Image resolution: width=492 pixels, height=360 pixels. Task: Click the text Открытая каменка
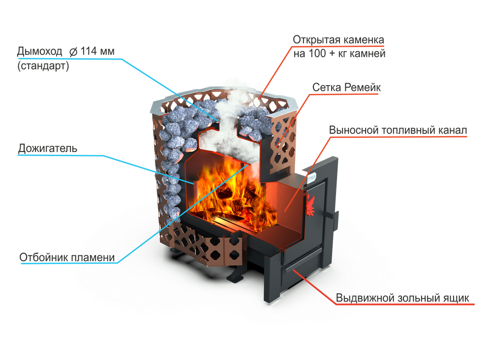point(338,39)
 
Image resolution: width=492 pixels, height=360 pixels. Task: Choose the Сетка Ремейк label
point(347,87)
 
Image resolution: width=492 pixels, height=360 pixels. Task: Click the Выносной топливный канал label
point(398,130)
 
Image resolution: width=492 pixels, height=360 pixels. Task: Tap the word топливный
point(406,130)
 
